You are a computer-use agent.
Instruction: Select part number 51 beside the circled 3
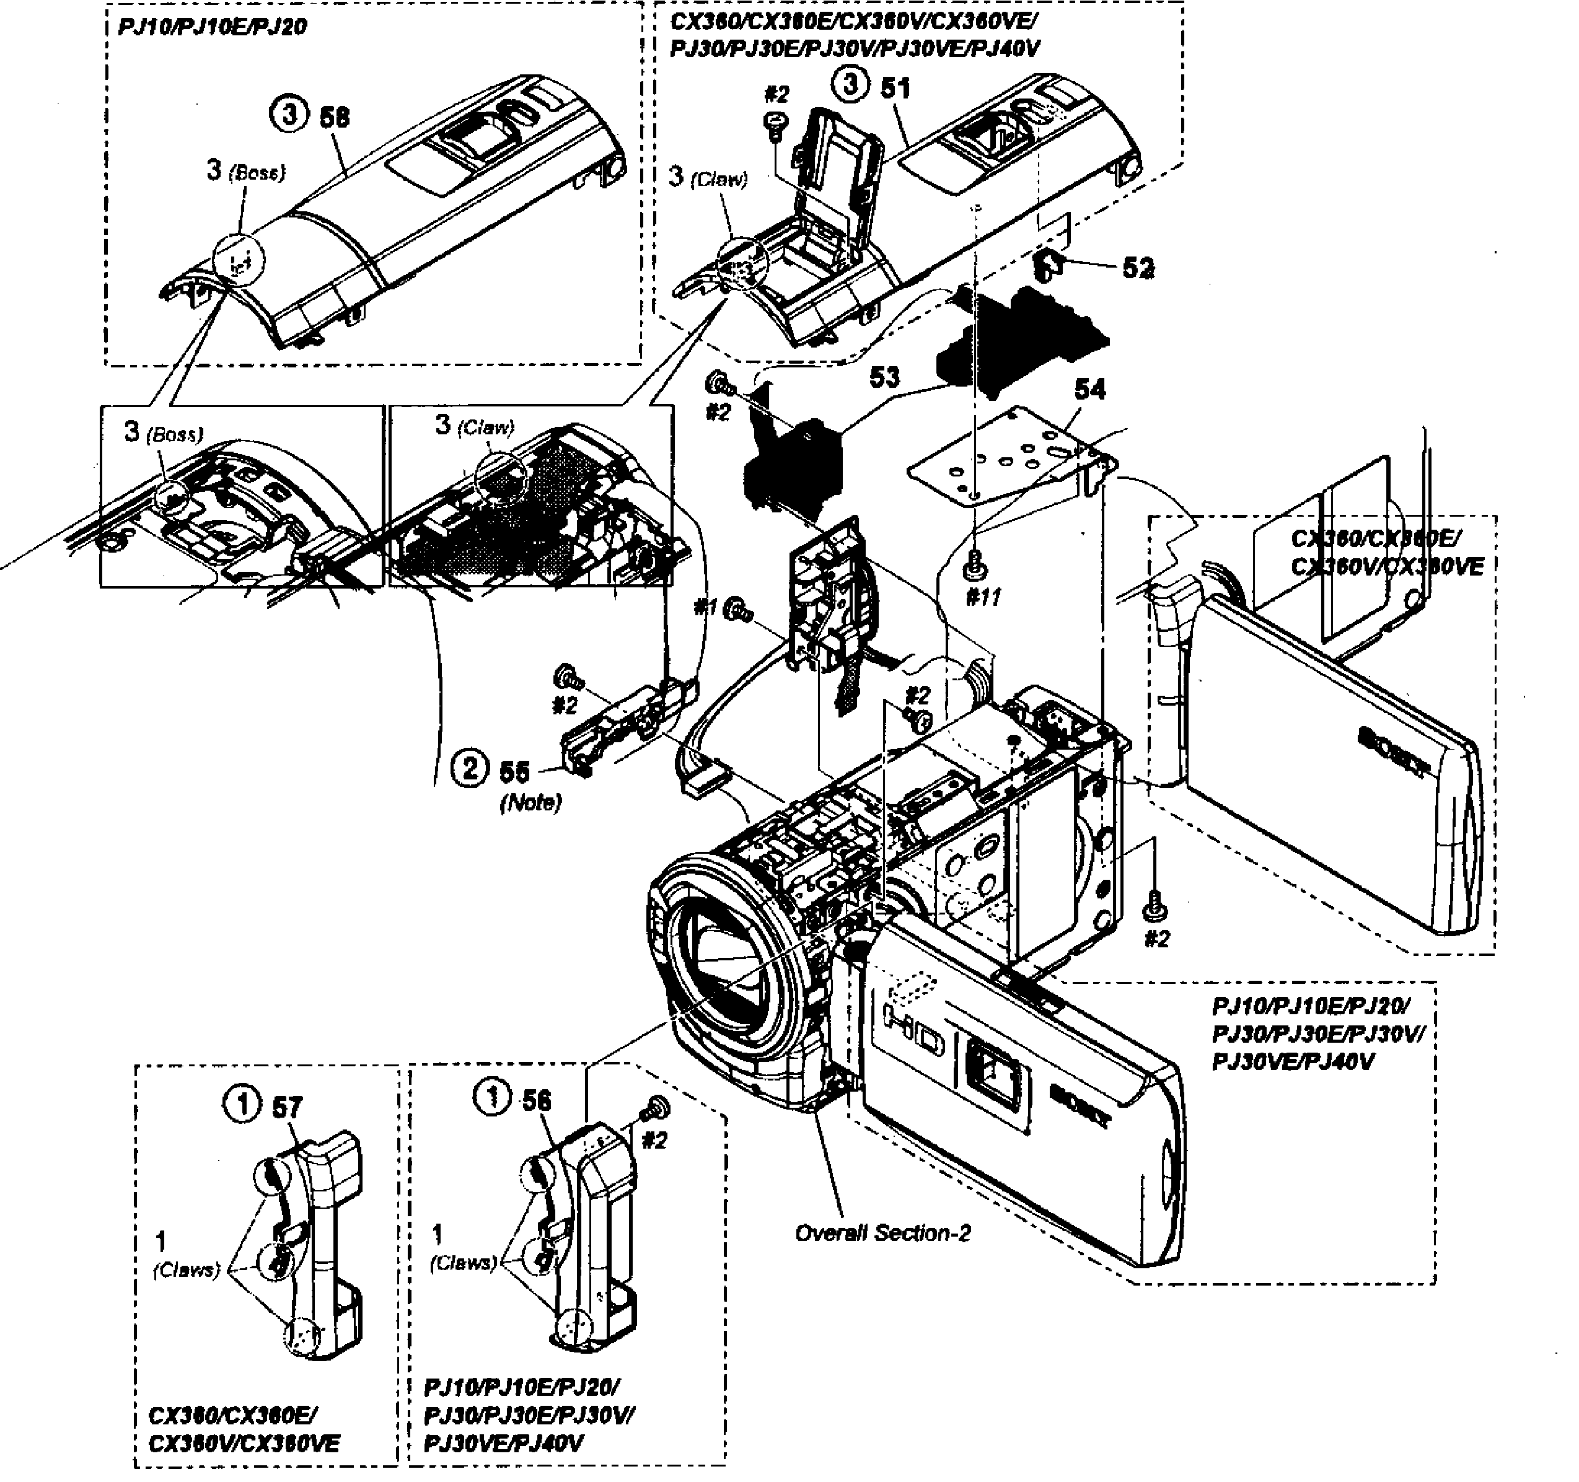pos(895,87)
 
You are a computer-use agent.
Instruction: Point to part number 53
pos(884,377)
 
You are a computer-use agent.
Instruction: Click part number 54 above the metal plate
pos(1089,389)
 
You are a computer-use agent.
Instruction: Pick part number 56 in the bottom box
pos(536,1100)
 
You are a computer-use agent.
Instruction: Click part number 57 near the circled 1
pos(287,1107)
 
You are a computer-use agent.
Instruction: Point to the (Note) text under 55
pos(530,802)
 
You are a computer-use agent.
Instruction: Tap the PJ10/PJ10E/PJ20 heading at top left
pos(212,27)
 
